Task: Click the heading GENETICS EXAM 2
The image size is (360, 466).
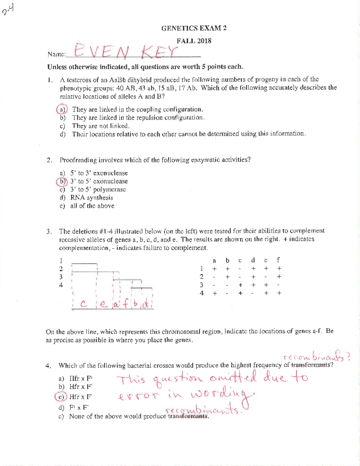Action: coord(194,28)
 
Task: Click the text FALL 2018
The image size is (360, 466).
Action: coord(194,41)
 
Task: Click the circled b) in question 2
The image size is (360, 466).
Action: coord(62,181)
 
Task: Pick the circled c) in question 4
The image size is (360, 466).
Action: coord(61,397)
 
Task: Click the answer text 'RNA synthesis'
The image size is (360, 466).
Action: coord(91,197)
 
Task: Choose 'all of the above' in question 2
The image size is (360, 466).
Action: coord(92,206)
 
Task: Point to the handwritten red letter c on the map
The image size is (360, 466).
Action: coord(84,304)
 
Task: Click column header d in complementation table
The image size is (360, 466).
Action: coord(253,260)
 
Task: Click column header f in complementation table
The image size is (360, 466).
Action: coord(279,260)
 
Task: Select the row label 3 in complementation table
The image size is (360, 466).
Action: coord(202,285)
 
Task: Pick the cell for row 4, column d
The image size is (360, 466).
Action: coord(253,293)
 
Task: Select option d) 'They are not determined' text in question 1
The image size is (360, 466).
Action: coord(188,134)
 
